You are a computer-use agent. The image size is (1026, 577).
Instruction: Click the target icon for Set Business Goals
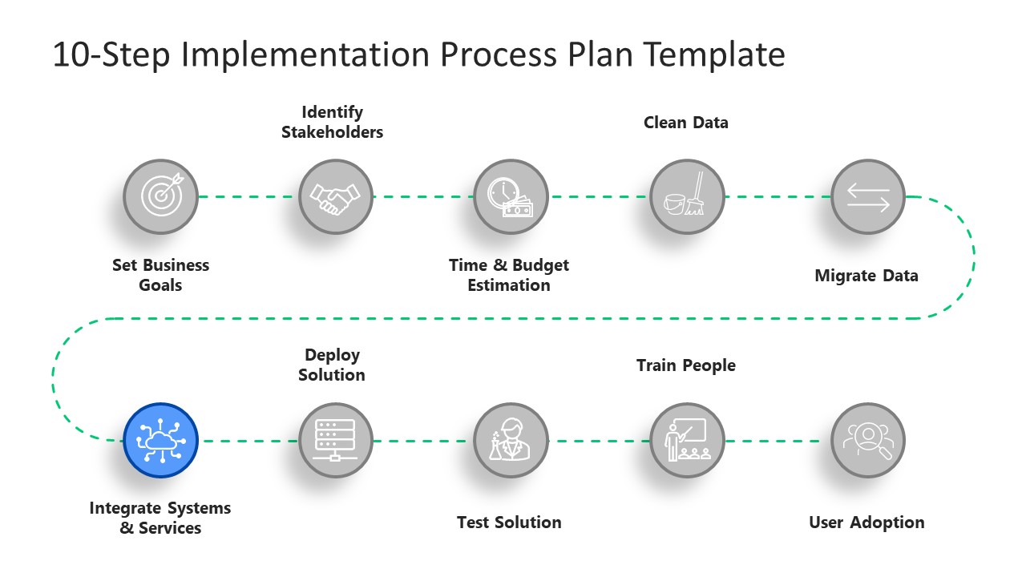pyautogui.click(x=161, y=196)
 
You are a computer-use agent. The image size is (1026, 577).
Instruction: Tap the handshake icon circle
pyautogui.click(x=336, y=196)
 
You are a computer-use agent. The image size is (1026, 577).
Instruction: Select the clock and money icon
pyautogui.click(x=511, y=196)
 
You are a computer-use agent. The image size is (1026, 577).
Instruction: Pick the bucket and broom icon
pyautogui.click(x=687, y=196)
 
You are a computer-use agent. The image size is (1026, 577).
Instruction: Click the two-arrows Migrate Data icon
pyautogui.click(x=868, y=196)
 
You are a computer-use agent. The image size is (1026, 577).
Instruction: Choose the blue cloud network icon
pyautogui.click(x=161, y=440)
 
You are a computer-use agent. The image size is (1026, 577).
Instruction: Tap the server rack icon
pyautogui.click(x=336, y=440)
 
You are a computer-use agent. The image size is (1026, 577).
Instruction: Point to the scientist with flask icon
pyautogui.click(x=511, y=440)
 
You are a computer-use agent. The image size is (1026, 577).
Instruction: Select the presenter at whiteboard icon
pyautogui.click(x=687, y=440)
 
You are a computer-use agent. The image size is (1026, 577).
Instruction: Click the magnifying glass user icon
pyautogui.click(x=868, y=440)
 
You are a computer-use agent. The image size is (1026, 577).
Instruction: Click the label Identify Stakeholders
pyautogui.click(x=332, y=122)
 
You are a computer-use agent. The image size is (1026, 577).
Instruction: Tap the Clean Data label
pyautogui.click(x=686, y=123)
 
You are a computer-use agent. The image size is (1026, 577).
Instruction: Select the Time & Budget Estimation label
pyautogui.click(x=509, y=275)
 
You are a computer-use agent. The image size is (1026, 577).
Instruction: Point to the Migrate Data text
pyautogui.click(x=866, y=276)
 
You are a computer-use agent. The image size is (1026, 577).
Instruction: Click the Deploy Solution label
pyautogui.click(x=332, y=365)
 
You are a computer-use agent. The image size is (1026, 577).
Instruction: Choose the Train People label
pyautogui.click(x=686, y=365)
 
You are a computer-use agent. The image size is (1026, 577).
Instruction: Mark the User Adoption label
pyautogui.click(x=866, y=523)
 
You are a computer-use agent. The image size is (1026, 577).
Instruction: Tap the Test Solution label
pyautogui.click(x=509, y=523)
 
